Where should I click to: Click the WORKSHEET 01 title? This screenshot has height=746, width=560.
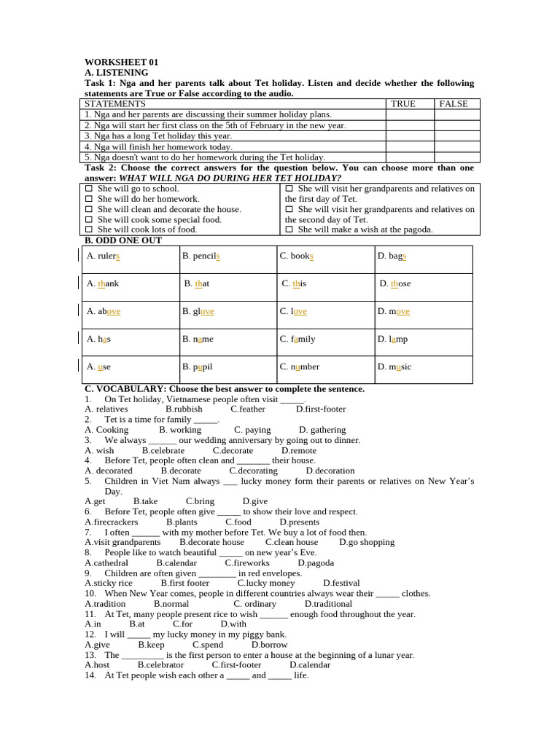[121, 62]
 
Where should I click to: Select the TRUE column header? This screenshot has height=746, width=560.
[403, 104]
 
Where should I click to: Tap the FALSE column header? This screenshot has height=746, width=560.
[453, 104]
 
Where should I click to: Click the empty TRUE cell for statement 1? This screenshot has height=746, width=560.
[410, 114]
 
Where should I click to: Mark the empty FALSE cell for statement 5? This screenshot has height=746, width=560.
[457, 157]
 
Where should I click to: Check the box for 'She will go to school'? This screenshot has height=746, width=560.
[88, 189]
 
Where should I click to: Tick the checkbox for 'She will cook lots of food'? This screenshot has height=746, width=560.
[88, 229]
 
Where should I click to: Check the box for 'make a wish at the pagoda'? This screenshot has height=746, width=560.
[289, 229]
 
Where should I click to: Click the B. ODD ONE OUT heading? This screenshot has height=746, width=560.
[123, 240]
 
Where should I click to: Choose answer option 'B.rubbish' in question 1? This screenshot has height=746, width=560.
[184, 409]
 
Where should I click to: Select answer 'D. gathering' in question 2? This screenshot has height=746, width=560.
[322, 430]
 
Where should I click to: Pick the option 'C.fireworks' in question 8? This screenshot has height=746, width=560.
[247, 563]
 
